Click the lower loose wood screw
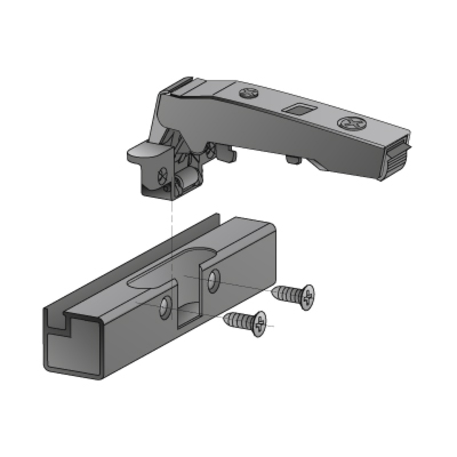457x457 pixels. (246, 322)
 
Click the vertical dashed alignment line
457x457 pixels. (172, 228)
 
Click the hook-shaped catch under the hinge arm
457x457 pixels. (225, 152)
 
